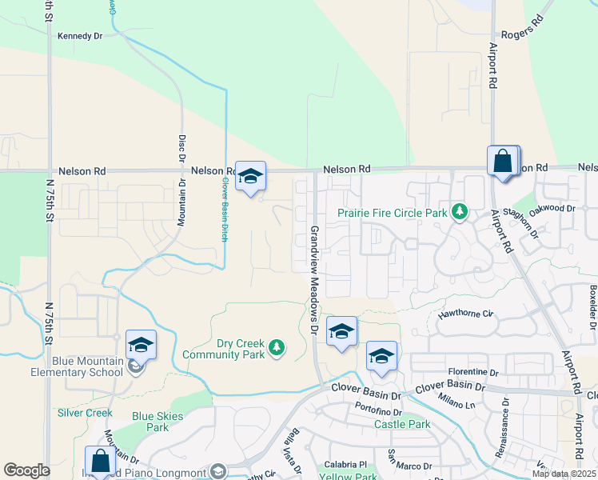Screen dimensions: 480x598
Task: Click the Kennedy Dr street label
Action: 81,36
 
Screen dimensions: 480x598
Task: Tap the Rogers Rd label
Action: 521,34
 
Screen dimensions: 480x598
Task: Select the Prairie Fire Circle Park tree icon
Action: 459,212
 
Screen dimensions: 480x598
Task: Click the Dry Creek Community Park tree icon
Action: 276,347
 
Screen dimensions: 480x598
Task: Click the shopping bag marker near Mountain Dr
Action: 100,462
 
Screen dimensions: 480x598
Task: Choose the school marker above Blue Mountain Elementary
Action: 141,344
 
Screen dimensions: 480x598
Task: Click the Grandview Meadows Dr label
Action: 313,280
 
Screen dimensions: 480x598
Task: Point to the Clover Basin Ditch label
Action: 225,209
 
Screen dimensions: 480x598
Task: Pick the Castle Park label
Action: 402,424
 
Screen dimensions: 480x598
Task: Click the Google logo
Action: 26,470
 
